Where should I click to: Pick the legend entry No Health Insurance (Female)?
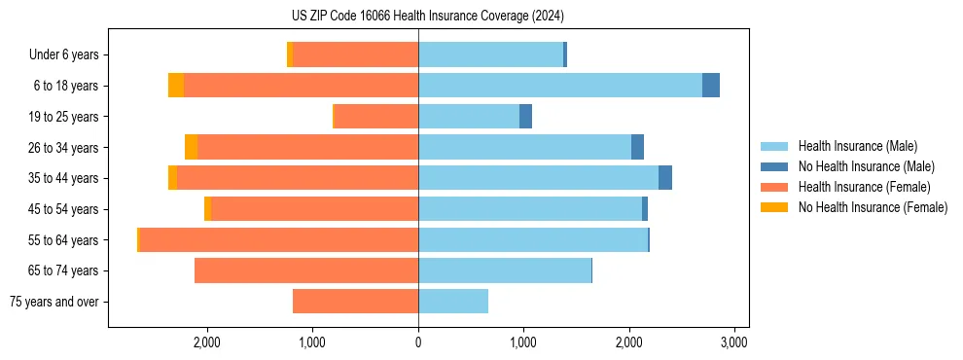click(872, 207)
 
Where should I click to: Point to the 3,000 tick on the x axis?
click(734, 342)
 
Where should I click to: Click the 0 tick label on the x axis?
click(418, 342)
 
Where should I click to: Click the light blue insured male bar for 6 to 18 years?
click(559, 86)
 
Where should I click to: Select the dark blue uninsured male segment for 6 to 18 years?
click(711, 86)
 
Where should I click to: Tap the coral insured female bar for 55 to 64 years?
click(278, 240)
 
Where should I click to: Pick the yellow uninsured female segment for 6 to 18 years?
click(176, 86)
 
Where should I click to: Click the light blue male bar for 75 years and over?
click(453, 302)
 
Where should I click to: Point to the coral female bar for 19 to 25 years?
click(375, 117)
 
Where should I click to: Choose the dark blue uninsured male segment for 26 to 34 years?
click(637, 147)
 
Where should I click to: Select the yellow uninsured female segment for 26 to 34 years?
click(191, 147)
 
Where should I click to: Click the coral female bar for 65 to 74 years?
click(306, 270)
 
